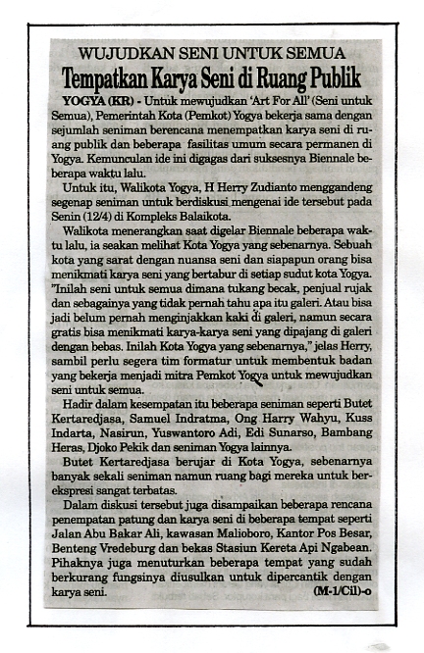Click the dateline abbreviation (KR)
(122, 100)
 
